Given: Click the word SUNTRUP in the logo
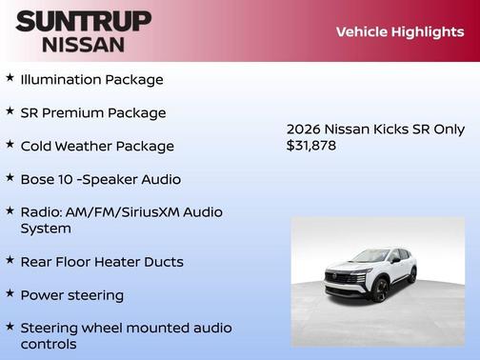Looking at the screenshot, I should [x=84, y=21].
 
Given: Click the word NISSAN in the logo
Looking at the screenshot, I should [x=84, y=44].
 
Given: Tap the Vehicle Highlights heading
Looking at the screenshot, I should [x=399, y=31].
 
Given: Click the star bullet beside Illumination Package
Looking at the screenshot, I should [x=10, y=79].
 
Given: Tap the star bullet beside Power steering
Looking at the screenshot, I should [x=10, y=294].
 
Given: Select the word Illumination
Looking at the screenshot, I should [x=63, y=80].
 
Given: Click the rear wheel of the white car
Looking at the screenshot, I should [x=412, y=276].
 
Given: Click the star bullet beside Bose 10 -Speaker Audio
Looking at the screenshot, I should [x=10, y=178].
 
